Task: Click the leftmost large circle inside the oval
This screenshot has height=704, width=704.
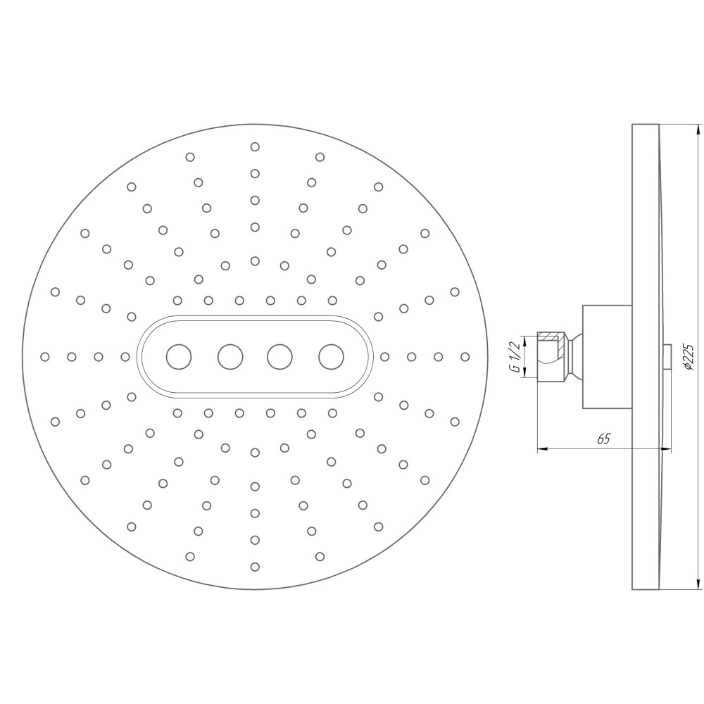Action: point(179,357)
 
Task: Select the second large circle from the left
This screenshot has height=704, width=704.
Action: point(230,357)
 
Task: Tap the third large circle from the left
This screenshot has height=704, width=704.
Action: point(280,357)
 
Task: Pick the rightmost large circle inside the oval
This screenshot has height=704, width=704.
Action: point(331,357)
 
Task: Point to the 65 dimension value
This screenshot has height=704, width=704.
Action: point(603,439)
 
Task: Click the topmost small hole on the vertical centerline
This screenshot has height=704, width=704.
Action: point(255,146)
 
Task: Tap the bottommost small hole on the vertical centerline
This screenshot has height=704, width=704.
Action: point(255,566)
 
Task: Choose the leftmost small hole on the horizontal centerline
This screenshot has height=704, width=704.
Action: point(45,357)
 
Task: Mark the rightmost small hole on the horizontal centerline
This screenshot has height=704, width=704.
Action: point(465,357)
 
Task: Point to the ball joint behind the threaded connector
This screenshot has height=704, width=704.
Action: point(574,357)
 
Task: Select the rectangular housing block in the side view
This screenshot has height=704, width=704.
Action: point(605,357)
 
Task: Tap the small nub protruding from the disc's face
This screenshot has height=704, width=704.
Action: point(666,357)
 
